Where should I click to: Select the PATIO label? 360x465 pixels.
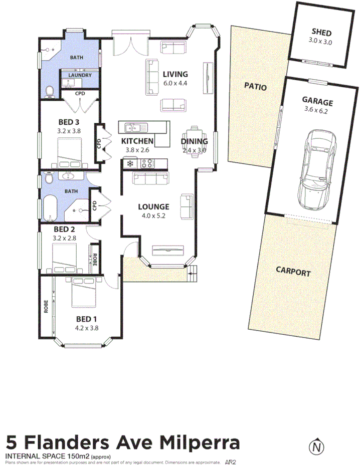tap(255, 87)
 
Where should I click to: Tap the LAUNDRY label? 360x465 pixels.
tap(80, 75)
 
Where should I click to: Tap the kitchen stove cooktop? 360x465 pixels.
tap(147, 163)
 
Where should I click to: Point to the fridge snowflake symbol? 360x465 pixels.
tap(129, 163)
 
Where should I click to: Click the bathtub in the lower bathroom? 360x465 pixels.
tap(50, 209)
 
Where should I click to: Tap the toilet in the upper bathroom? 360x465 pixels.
tap(49, 91)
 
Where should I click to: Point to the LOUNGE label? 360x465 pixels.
tap(153, 206)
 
